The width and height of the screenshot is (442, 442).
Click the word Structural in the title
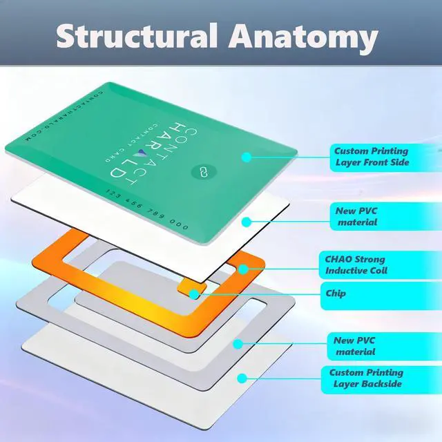[137, 35]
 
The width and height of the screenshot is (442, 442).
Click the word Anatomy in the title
[303, 38]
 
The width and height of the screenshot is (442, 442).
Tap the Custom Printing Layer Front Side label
[372, 157]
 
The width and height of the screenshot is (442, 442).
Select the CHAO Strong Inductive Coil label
[356, 265]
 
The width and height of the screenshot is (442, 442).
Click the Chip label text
[336, 294]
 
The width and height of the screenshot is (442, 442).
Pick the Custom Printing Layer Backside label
[367, 378]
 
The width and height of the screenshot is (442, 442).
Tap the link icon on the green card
[204, 172]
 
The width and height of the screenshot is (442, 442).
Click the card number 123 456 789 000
[147, 209]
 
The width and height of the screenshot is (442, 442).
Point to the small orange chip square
[192, 291]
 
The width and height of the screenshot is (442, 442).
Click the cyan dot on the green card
[247, 157]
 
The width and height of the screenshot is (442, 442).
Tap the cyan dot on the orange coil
[243, 269]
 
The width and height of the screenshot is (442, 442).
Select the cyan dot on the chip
[194, 294]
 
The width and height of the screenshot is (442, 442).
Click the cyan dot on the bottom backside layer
[242, 378]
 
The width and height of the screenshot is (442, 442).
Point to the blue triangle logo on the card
[142, 153]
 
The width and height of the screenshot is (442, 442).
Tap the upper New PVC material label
[356, 216]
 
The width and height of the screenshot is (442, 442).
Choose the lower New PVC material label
[354, 346]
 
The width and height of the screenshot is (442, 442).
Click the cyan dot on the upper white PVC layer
[247, 222]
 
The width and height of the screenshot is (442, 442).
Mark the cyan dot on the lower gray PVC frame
[238, 344]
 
